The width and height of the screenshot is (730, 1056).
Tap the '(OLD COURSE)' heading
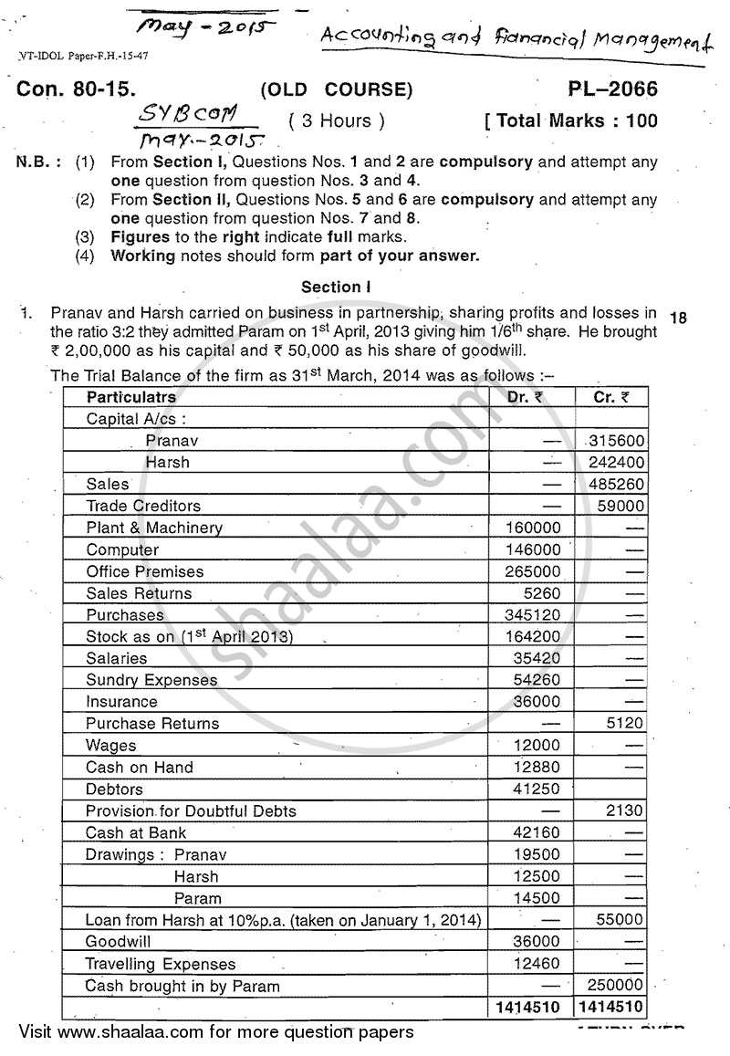click(x=337, y=89)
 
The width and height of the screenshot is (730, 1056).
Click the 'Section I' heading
click(x=336, y=287)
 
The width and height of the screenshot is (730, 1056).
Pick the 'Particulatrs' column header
click(x=130, y=397)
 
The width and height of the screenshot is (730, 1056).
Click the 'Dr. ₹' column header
click(x=526, y=397)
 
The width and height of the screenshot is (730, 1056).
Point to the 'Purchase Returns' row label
click(x=152, y=724)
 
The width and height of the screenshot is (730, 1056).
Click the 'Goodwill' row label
click(x=119, y=941)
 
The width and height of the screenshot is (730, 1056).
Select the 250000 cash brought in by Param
click(x=616, y=986)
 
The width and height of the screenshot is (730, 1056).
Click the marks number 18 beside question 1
click(x=678, y=318)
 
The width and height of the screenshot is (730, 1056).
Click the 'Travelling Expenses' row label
click(x=161, y=964)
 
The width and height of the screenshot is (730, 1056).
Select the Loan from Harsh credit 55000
click(x=620, y=920)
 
